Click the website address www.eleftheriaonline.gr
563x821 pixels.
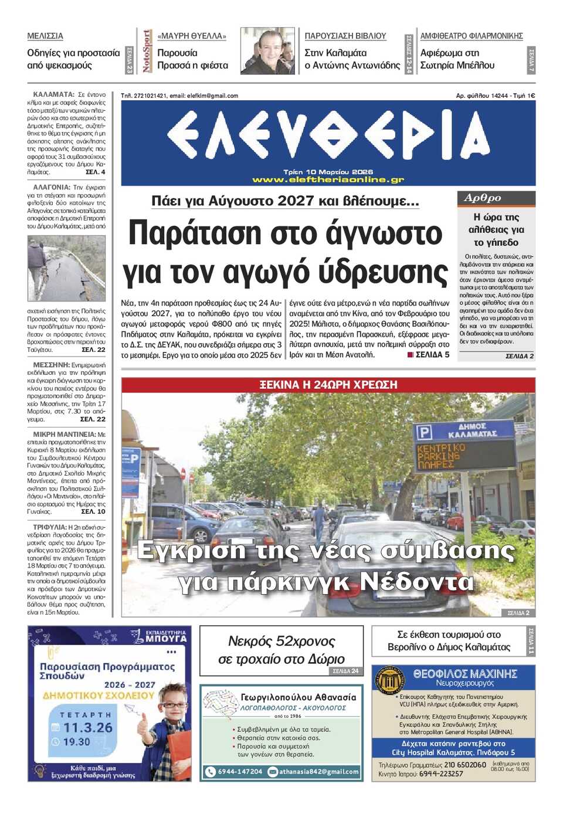[328, 179]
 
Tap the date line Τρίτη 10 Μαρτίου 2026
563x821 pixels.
[328, 172]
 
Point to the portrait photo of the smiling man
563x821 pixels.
[267, 52]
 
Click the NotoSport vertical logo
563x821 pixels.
[146, 52]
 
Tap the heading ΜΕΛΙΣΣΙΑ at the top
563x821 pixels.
[45, 36]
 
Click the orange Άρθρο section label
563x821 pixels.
[483, 198]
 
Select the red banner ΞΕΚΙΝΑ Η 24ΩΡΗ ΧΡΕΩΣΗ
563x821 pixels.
[328, 385]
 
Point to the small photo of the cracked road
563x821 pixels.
[66, 269]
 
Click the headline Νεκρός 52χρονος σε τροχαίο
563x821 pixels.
[281, 650]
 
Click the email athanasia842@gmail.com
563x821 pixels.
[318, 772]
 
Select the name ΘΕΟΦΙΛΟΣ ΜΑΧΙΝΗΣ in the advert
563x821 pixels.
[465, 674]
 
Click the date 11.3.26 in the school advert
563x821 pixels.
[87, 728]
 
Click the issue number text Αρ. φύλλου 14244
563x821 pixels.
[481, 96]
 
